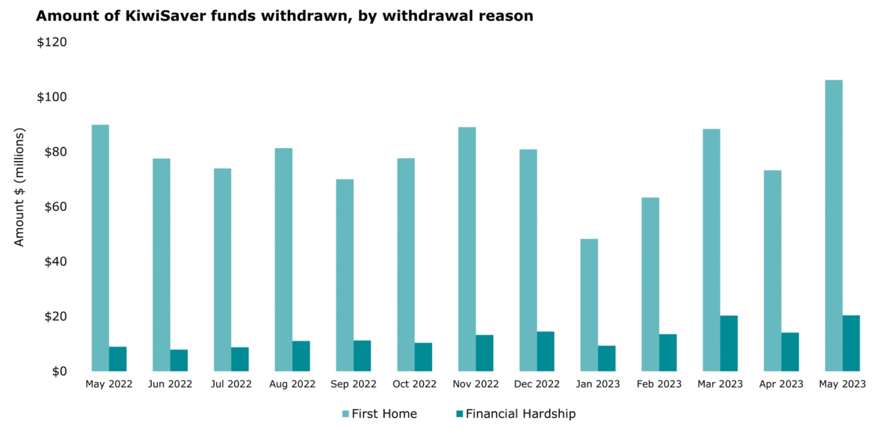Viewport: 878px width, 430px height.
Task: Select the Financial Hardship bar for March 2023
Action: [729, 343]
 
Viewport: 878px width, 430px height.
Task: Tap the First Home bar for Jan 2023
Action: [589, 305]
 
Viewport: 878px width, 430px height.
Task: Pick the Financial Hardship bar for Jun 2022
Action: [179, 360]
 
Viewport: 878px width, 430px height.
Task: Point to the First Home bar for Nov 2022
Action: [467, 249]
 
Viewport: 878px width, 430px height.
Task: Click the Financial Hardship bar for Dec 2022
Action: [545, 351]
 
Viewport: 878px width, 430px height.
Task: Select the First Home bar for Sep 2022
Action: [345, 275]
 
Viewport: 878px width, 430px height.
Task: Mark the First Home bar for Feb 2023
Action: [650, 284]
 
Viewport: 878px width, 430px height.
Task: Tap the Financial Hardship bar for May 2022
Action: [118, 359]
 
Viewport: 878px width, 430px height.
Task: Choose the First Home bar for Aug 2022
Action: [283, 260]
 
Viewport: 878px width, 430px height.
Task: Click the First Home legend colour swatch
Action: [346, 414]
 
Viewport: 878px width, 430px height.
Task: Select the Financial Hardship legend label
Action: [521, 414]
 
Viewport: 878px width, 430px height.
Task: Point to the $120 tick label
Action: [52, 42]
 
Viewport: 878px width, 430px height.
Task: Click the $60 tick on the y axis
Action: [55, 207]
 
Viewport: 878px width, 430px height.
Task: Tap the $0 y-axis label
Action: [59, 371]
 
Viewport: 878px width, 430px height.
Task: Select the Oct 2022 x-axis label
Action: [414, 384]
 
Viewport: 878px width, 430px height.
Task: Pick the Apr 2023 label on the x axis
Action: [781, 384]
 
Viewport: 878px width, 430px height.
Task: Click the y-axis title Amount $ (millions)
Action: [19, 187]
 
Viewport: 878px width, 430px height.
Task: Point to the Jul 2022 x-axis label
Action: [231, 384]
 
